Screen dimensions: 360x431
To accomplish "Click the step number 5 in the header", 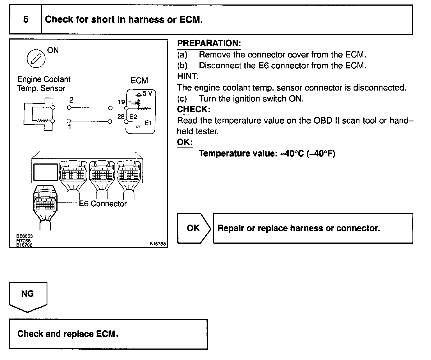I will (x=26, y=20).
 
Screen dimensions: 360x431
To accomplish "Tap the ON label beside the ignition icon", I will (x=53, y=50).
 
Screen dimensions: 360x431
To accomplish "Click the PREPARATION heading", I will (x=209, y=43).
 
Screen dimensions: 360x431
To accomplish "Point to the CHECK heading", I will (x=194, y=109).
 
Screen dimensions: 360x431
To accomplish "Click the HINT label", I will (x=188, y=77).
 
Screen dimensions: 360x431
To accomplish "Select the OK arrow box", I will (x=193, y=228).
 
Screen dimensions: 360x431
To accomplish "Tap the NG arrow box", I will (x=27, y=294).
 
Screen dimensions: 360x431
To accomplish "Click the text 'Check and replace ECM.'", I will (x=68, y=334).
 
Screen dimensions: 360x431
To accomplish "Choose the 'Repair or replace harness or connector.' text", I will (x=299, y=228).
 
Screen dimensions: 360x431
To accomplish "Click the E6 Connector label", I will (x=103, y=204).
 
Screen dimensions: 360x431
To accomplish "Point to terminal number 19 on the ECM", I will (x=121, y=102).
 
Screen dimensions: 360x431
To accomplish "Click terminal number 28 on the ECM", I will (x=121, y=116).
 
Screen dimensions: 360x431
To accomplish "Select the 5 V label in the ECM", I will (x=147, y=93).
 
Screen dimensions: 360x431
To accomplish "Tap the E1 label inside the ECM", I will (x=148, y=123).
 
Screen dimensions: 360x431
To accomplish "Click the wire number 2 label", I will (x=71, y=100).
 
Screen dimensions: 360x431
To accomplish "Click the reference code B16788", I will (x=158, y=244).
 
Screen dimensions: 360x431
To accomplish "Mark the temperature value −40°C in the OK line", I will (x=292, y=154).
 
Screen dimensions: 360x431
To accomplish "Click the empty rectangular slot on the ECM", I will (x=45, y=172).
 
